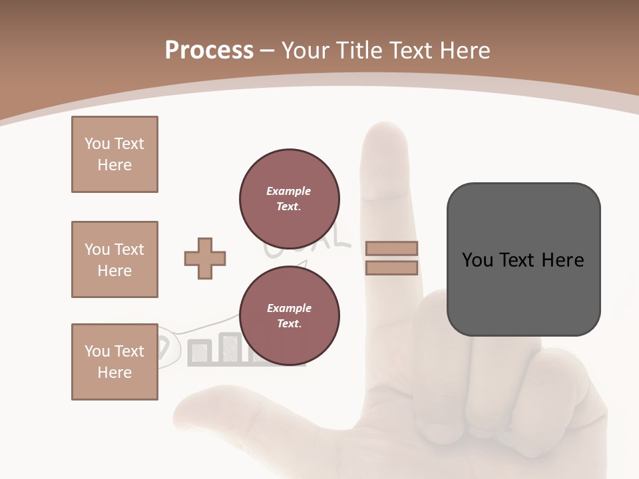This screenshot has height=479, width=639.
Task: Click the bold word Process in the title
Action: [x=209, y=51]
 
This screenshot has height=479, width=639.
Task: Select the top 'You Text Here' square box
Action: [x=114, y=154]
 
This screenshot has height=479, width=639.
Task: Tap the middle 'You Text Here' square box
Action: [x=114, y=259]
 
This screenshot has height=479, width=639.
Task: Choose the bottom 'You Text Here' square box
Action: [x=114, y=362]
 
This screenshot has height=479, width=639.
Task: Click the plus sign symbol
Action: [x=205, y=258]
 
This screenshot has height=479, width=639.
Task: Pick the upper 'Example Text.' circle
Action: [x=290, y=198]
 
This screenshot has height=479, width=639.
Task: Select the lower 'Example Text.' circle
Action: [x=290, y=316]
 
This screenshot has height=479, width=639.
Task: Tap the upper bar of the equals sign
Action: [x=391, y=248]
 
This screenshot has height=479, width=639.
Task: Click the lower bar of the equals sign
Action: [x=391, y=268]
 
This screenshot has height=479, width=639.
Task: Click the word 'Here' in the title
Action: [x=464, y=51]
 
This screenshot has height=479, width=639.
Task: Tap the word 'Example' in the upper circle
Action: [x=288, y=191]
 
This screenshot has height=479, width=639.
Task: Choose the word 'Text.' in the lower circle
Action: [x=289, y=323]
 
